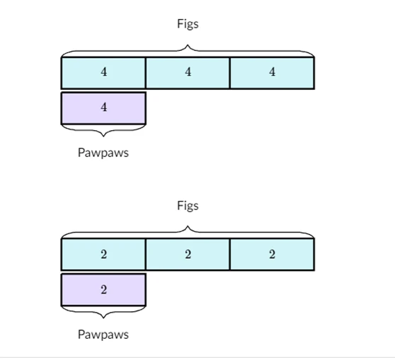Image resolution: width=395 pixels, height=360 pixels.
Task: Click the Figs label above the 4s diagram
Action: point(188,24)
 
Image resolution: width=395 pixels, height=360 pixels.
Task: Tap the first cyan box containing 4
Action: point(103,73)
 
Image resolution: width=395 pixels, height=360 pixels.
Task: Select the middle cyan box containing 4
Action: point(188,73)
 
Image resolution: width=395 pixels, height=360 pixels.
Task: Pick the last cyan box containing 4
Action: point(272,73)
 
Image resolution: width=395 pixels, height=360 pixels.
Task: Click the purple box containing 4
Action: point(103,108)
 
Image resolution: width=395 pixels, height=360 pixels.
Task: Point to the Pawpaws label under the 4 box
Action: point(103,153)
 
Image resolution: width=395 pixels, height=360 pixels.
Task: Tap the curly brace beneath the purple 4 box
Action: point(103,129)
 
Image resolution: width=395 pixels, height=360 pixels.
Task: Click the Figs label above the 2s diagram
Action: point(188,206)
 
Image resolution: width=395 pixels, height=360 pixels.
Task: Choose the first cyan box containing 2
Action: point(103,255)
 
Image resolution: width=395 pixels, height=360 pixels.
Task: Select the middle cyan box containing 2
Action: point(188,255)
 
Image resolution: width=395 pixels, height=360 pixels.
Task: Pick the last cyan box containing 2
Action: point(272,255)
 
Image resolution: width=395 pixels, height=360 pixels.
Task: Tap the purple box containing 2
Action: point(103,289)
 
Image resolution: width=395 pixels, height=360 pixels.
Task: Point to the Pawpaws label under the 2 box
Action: point(103,334)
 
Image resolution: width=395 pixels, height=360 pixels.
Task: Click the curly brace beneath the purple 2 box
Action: point(103,311)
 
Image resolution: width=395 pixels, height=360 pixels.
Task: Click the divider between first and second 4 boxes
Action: point(146,73)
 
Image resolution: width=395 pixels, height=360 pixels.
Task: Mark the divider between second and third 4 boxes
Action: point(230,73)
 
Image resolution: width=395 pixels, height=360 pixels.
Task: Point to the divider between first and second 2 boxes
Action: point(146,255)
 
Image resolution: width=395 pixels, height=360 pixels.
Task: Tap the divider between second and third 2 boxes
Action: point(230,255)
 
